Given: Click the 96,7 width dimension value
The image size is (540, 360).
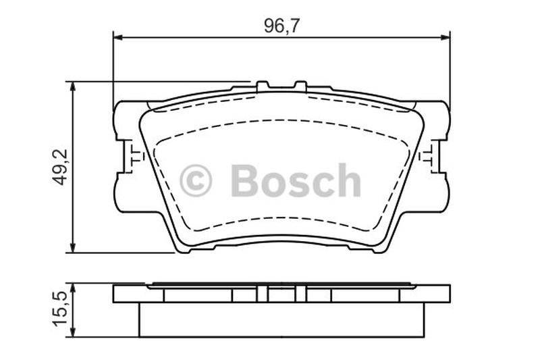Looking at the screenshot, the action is coord(281,26).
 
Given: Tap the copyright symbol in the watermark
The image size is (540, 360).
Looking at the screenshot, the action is coord(196,180).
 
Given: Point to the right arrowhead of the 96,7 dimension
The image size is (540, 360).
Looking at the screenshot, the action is coord(446,37).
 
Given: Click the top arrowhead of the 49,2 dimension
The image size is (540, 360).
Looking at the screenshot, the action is coord(73,87).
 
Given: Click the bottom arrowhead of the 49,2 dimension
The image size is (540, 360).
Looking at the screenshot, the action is coord(73,248).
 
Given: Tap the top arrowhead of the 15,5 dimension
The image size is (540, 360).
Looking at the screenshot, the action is coord(73,288).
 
